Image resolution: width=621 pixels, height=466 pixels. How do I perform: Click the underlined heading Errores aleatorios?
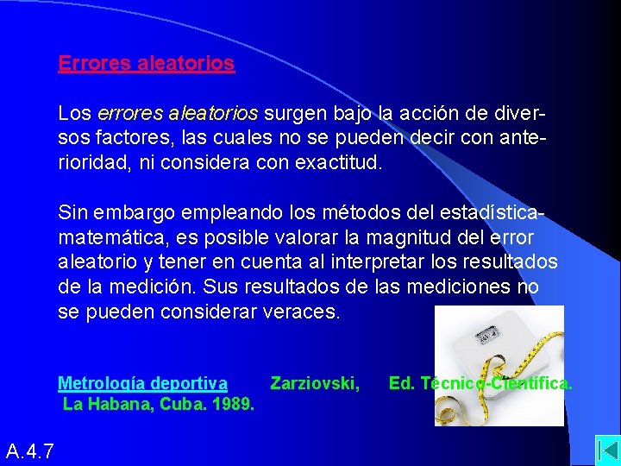click(146, 63)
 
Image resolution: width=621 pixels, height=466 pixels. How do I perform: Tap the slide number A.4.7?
click(30, 450)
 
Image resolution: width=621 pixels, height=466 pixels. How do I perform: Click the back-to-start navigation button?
click(607, 451)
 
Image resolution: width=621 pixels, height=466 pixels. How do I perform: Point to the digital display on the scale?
click(489, 332)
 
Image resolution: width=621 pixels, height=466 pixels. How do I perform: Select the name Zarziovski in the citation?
click(315, 383)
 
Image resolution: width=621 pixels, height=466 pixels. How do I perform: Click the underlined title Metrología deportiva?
click(142, 383)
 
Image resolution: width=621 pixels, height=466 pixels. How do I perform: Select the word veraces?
click(301, 312)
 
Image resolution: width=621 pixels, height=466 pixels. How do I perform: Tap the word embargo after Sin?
click(129, 211)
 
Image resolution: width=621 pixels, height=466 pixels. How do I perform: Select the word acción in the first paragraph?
click(404, 113)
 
